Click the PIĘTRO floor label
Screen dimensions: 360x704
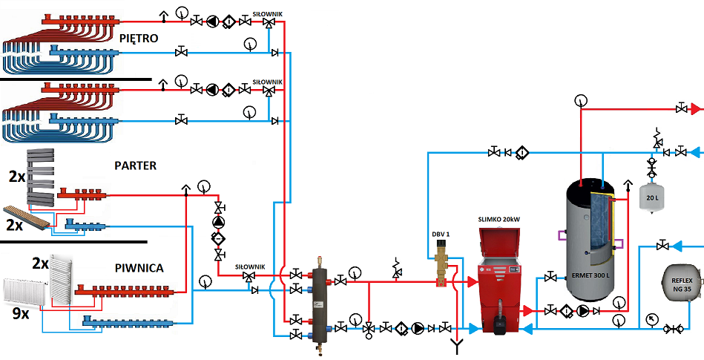tap(139, 38)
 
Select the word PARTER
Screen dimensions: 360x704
tap(136, 166)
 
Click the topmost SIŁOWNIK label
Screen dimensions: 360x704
tap(267, 14)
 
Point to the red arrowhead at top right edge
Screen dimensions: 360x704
tap(696, 109)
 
